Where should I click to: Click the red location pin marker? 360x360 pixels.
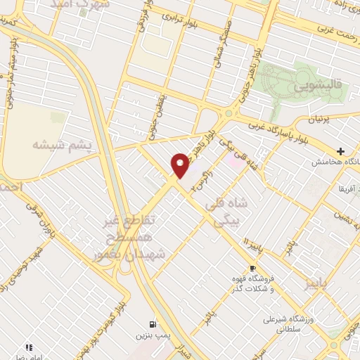(x=181, y=165)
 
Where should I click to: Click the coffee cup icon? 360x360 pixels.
(x=252, y=269)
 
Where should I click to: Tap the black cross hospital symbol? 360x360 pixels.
(x=341, y=151)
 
